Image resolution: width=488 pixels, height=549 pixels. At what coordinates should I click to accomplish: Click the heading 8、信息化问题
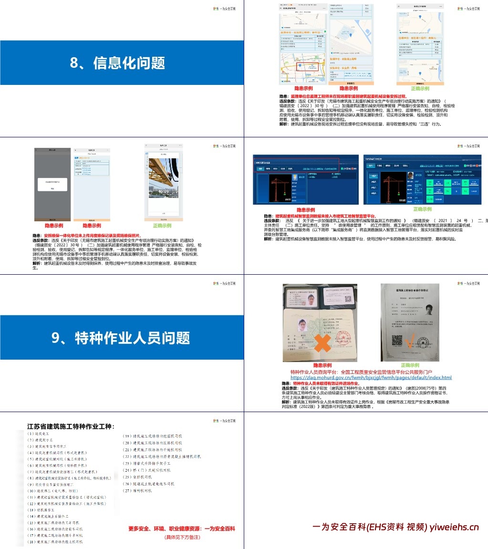117,63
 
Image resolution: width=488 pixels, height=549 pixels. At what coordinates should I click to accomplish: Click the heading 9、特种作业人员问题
121,338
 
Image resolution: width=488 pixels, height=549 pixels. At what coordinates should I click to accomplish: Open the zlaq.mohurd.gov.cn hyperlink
371,377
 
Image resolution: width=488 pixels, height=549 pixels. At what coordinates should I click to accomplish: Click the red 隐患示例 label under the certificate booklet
320,365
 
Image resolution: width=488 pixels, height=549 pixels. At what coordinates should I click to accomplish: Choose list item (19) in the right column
153,436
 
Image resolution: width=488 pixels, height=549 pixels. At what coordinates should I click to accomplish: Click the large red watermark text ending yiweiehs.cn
395,527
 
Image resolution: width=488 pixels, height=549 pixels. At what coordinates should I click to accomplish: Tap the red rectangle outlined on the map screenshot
308,66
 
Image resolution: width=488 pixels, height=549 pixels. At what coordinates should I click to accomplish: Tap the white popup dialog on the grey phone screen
52,185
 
